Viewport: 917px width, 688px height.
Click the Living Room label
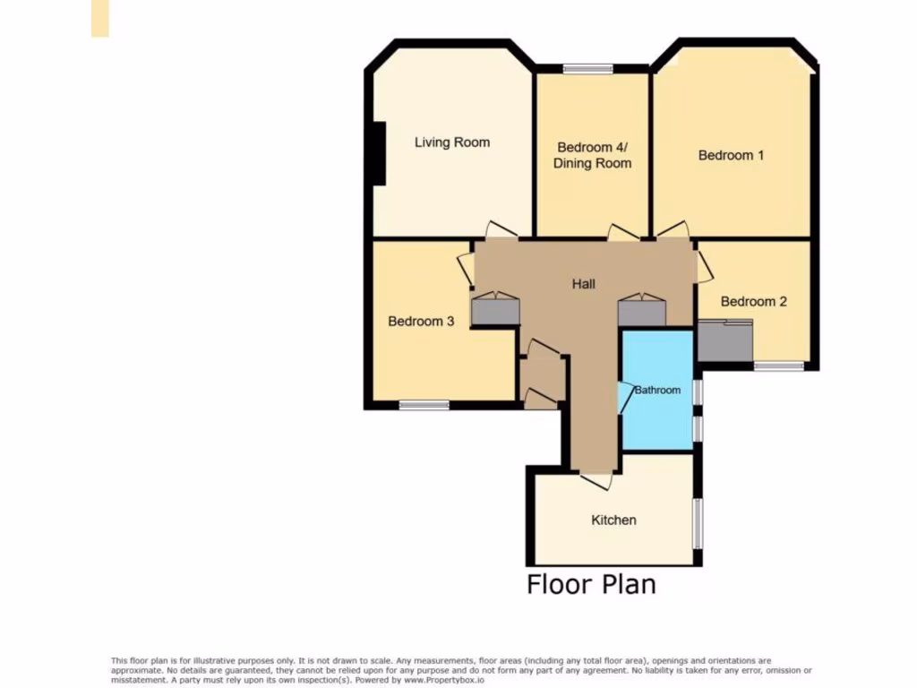[x=452, y=142]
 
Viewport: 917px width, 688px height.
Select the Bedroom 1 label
[x=731, y=155]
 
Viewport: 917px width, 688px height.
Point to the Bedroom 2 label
[x=753, y=301]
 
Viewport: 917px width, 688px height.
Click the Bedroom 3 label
[x=421, y=321]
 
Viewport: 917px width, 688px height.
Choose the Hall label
[x=584, y=284]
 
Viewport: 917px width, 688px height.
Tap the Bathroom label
[x=658, y=390]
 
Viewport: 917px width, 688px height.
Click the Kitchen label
[x=613, y=520]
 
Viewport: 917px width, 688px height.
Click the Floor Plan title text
[x=591, y=584]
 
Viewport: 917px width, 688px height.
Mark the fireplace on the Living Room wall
[x=380, y=154]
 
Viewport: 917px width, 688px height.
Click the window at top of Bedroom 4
[x=588, y=69]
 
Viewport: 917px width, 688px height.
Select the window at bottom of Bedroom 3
[x=424, y=405]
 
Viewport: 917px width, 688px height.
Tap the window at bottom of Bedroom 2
[x=778, y=365]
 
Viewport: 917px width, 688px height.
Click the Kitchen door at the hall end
[x=596, y=479]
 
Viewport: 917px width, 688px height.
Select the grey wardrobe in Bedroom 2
[x=725, y=341]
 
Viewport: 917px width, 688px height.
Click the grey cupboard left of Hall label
[x=495, y=309]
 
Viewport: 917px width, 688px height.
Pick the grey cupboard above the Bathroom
[x=641, y=311]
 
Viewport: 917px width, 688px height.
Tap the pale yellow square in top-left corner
[x=99, y=18]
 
